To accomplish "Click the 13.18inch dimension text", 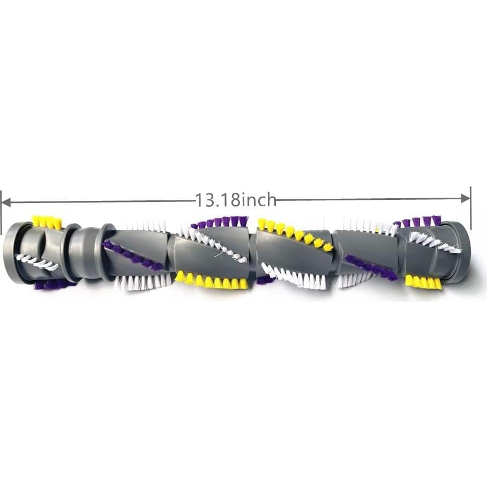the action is [235, 200].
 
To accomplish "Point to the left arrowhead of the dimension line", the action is [6, 203].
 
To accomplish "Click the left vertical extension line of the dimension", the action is [1, 213].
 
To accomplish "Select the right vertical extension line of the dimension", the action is [471, 208].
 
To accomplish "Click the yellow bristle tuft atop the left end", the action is [47, 222].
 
